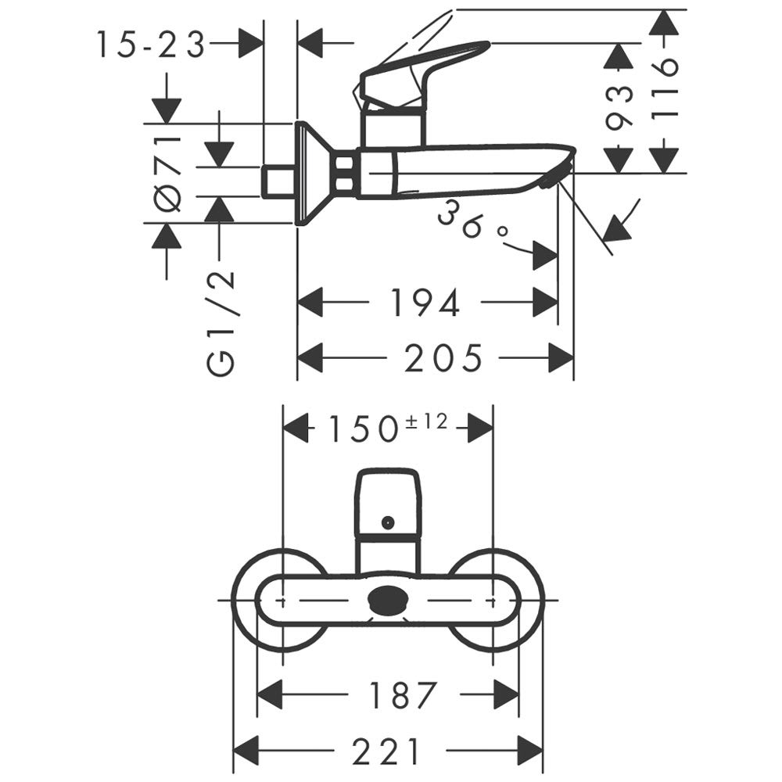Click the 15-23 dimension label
(151, 45)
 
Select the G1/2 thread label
(220, 323)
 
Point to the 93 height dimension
(619, 109)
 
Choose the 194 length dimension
(425, 303)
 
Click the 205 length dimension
(443, 357)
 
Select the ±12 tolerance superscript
(427, 422)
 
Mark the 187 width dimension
(403, 694)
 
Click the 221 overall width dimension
(385, 751)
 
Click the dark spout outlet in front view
(388, 599)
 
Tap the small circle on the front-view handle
(388, 522)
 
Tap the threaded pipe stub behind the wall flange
(279, 181)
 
